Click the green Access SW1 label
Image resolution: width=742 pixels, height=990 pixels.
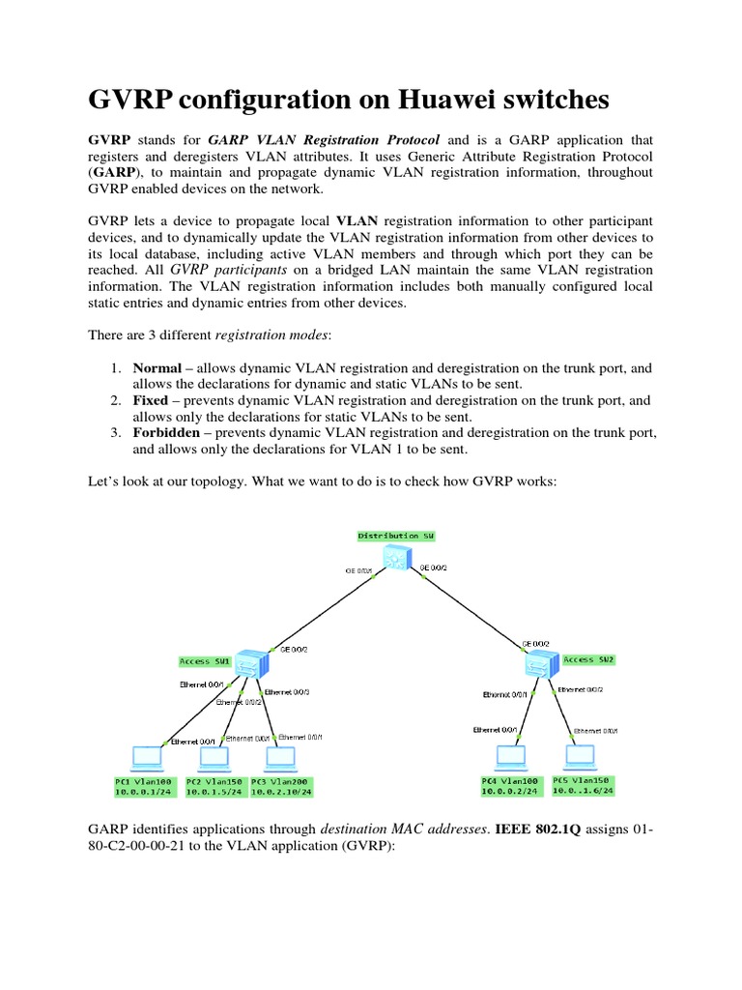pyautogui.click(x=206, y=661)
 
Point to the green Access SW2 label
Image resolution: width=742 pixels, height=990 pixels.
pyautogui.click(x=588, y=659)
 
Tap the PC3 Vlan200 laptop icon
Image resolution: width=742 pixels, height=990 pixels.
pyautogui.click(x=279, y=756)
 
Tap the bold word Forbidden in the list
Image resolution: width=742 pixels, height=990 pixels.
pyautogui.click(x=166, y=433)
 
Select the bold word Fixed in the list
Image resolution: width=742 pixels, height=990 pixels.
pyautogui.click(x=152, y=400)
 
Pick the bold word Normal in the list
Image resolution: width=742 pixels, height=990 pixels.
pyautogui.click(x=157, y=367)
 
